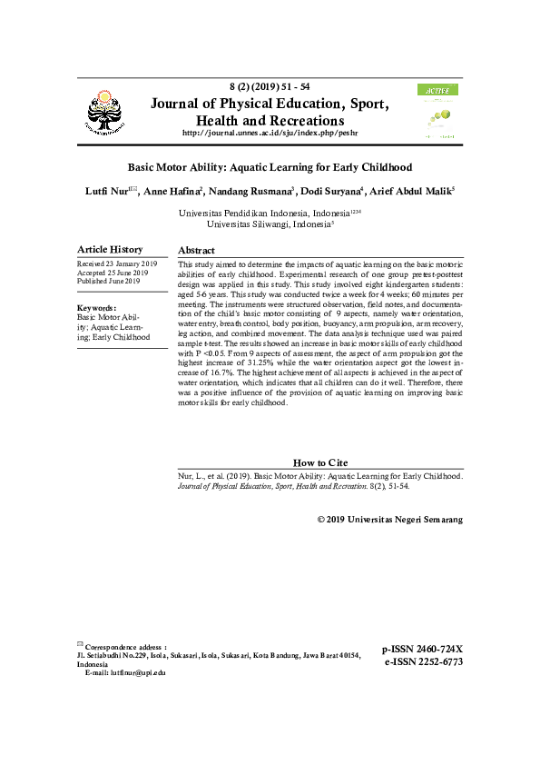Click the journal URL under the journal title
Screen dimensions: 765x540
pyautogui.click(x=270, y=134)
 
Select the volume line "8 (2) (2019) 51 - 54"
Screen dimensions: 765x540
pyautogui.click(x=270, y=86)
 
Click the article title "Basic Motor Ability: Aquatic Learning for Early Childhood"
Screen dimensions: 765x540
pyautogui.click(x=270, y=168)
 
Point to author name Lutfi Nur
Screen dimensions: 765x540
pyautogui.click(x=104, y=192)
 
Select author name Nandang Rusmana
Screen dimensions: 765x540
pyautogui.click(x=260, y=192)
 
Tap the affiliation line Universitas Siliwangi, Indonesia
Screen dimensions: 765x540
pyautogui.click(x=270, y=223)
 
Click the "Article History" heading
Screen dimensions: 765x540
pyautogui.click(x=110, y=250)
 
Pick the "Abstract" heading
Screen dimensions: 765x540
pyautogui.click(x=196, y=250)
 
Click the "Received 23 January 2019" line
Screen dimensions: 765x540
pyautogui.click(x=117, y=263)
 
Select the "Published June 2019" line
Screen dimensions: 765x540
pyautogui.click(x=109, y=282)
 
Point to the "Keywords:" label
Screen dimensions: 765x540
pyautogui.click(x=97, y=309)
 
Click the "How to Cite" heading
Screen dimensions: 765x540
pyautogui.click(x=320, y=463)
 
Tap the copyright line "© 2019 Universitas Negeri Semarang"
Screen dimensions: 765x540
pyautogui.click(x=390, y=520)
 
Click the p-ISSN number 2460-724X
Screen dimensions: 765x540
pyautogui.click(x=422, y=650)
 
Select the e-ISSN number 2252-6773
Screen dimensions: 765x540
pyautogui.click(x=424, y=662)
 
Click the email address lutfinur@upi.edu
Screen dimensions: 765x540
pyautogui.click(x=137, y=672)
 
